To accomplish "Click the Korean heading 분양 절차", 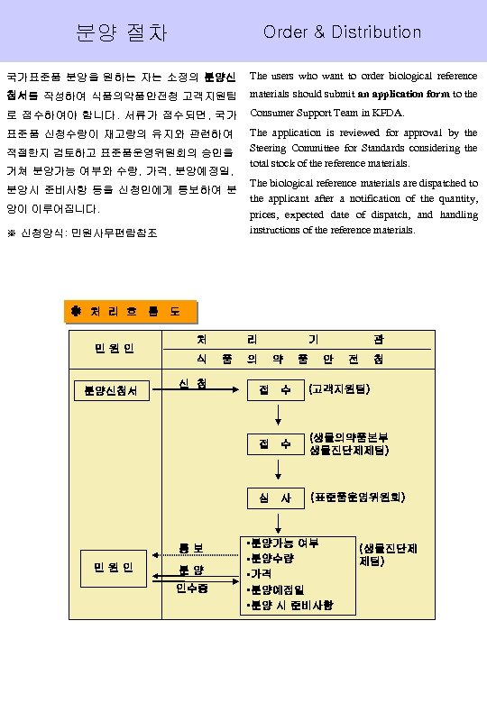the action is point(122,32).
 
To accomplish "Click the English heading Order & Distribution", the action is point(342,32).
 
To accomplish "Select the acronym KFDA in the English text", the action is point(387,113).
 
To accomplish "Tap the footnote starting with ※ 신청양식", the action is point(83,233).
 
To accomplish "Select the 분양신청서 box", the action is point(111,390).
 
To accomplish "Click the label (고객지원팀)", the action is point(345,390).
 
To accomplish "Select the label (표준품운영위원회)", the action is point(357,497).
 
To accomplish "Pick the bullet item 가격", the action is point(261,573).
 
